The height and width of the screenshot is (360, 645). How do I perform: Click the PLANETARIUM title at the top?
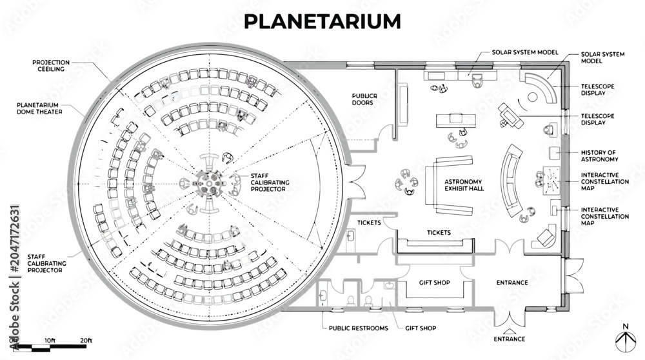(322, 21)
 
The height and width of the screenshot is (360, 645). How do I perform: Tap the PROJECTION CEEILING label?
(51, 66)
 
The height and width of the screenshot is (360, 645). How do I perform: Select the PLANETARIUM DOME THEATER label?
(39, 108)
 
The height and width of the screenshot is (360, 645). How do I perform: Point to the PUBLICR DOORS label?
(364, 99)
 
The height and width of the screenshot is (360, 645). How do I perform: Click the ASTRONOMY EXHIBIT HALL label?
(464, 185)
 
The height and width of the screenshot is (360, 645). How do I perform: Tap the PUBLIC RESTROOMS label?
(358, 328)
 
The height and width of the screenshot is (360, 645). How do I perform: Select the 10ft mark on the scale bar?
(50, 341)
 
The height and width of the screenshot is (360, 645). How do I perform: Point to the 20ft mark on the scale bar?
(86, 341)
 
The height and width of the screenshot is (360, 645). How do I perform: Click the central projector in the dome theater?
(209, 183)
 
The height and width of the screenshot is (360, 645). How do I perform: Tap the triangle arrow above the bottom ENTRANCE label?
(510, 331)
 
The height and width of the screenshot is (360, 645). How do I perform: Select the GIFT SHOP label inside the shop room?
(434, 283)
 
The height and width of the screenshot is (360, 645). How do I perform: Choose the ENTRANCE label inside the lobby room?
(512, 283)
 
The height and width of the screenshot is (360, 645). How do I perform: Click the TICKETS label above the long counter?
(439, 232)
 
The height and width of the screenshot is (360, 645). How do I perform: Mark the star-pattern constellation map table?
(551, 181)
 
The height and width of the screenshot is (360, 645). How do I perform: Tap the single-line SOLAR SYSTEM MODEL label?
(525, 52)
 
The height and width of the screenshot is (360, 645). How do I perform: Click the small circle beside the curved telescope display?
(532, 97)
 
